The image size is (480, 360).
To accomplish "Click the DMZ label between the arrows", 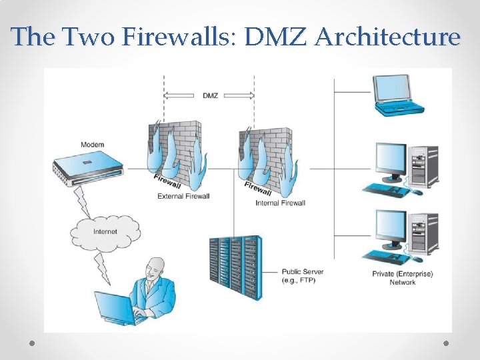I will [209, 95].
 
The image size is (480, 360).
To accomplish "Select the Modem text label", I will [92, 145].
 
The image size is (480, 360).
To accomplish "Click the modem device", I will [88, 171].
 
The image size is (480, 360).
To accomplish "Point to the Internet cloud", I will [105, 231].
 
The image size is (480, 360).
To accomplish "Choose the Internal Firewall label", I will [280, 203].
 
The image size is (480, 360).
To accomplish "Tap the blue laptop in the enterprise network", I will [398, 95].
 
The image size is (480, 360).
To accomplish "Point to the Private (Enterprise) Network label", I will [403, 278].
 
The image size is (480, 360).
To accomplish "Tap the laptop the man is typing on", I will [117, 308].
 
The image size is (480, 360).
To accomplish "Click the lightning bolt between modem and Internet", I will [83, 199].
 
